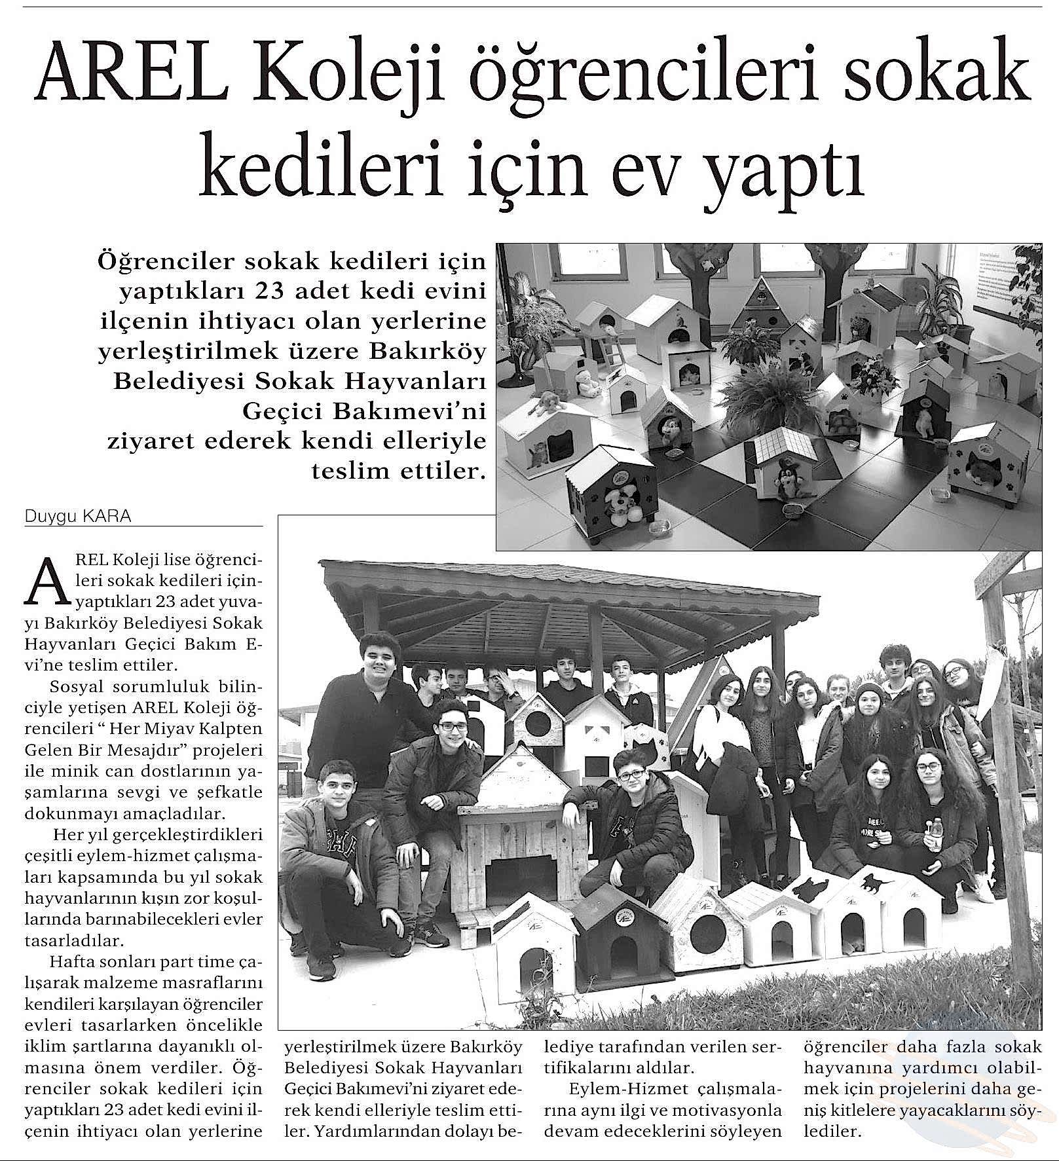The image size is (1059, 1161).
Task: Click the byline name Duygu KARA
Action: point(78,517)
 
